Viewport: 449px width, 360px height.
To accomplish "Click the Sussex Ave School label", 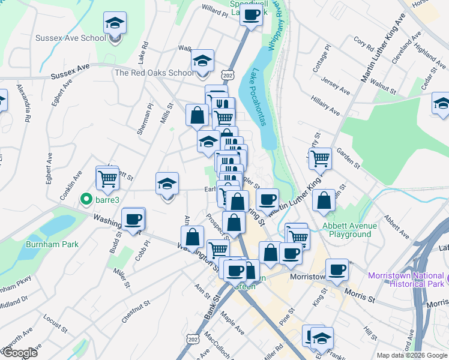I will pyautogui.click(x=70, y=38).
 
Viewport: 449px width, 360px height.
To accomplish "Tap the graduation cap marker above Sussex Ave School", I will pyautogui.click(x=115, y=24).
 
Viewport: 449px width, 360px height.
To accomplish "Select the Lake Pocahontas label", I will pyautogui.click(x=259, y=97).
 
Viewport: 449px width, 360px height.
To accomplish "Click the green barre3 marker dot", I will pyautogui.click(x=86, y=199).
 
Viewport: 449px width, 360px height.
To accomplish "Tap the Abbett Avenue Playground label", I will pyautogui.click(x=350, y=230).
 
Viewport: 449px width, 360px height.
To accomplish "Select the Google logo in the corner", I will pyautogui.click(x=19, y=353).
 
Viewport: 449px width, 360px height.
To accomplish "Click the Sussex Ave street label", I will pyautogui.click(x=70, y=75).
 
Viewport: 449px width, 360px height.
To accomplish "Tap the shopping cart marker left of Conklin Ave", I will pyautogui.click(x=107, y=178).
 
